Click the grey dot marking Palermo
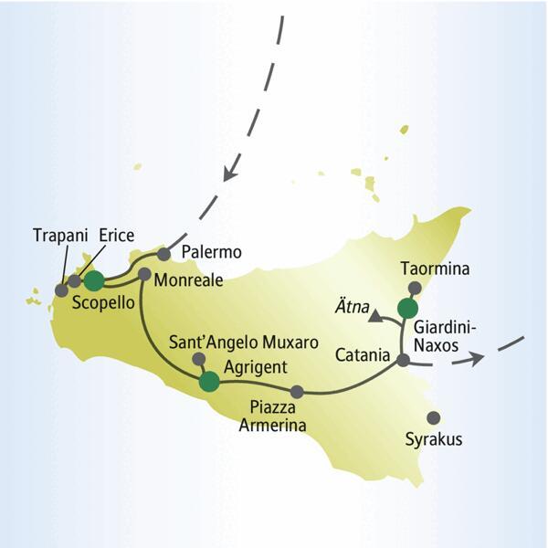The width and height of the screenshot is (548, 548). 164,253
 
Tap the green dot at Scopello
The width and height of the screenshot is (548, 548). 93,280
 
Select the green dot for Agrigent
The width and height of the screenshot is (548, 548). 209,382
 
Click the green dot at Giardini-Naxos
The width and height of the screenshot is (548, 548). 407,308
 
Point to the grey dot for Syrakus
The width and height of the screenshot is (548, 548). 434,416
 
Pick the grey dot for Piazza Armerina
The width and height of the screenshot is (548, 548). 296,392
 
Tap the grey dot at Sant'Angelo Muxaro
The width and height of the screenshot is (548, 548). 196,360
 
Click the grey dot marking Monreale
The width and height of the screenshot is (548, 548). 143,273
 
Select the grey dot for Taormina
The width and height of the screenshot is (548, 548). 415,287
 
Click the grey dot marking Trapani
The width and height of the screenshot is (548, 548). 61,290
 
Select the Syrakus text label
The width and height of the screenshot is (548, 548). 434,440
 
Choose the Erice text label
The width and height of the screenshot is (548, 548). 117,233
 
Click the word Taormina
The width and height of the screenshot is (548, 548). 437,269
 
